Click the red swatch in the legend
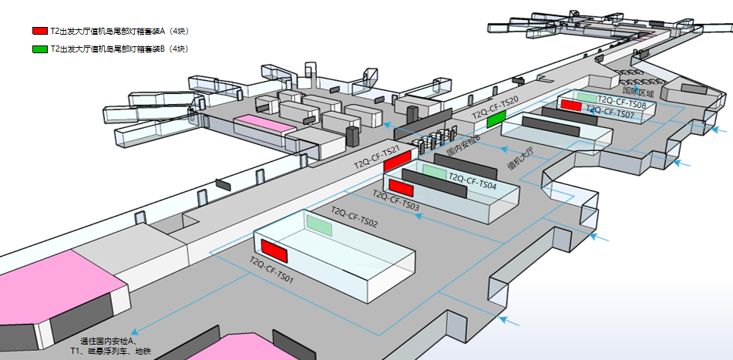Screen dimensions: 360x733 coord(39,32)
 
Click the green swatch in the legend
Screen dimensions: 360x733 coord(39,49)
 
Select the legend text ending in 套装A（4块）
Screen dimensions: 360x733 coord(119,32)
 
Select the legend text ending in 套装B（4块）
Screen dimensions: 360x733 coord(119,49)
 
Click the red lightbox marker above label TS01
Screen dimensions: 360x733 coord(274,251)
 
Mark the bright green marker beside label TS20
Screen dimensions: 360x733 coord(496,118)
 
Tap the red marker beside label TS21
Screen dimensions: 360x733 coord(397,160)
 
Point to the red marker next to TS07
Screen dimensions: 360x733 coord(571,106)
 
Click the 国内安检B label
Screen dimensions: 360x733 coord(463,145)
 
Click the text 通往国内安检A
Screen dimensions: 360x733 coord(108,341)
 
